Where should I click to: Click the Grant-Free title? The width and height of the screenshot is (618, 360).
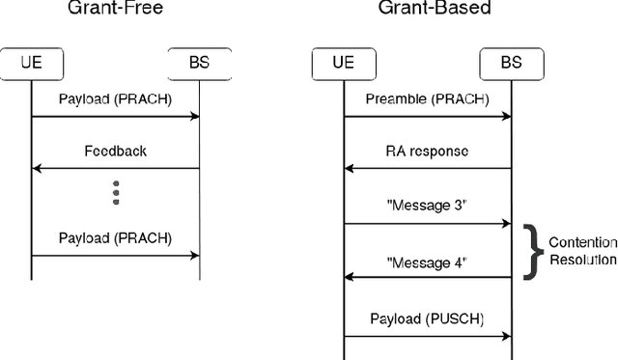(115, 9)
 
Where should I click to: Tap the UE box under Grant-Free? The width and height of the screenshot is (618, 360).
(32, 65)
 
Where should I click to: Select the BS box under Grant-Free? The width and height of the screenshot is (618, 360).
(199, 65)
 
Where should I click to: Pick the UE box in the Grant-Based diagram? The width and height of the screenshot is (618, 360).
(344, 65)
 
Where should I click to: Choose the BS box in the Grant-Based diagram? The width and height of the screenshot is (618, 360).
(511, 65)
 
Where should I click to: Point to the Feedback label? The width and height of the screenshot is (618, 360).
(115, 152)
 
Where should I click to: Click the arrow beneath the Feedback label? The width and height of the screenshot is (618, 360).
(115, 169)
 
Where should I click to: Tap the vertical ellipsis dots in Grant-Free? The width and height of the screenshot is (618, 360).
(115, 192)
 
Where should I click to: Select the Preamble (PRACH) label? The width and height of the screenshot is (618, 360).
(427, 99)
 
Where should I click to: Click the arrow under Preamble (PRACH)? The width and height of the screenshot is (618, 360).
(427, 117)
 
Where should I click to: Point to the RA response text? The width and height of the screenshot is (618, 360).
(427, 152)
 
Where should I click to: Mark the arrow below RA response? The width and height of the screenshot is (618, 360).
(427, 169)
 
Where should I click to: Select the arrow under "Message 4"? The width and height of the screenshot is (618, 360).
(427, 276)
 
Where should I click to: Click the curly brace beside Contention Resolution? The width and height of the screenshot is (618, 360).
(529, 251)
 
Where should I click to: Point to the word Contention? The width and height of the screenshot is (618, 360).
(581, 242)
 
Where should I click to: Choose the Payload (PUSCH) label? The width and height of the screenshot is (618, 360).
(427, 318)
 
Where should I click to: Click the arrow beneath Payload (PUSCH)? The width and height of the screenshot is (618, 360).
(427, 336)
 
